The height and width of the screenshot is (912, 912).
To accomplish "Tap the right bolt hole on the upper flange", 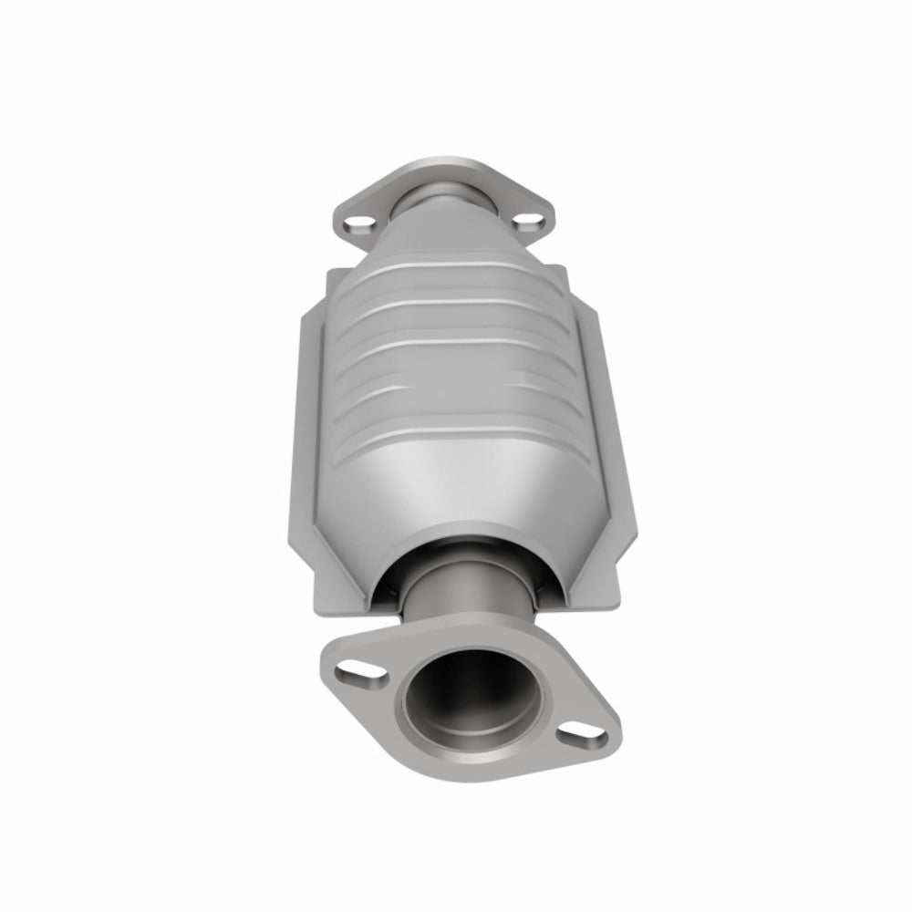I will click(526, 220).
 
